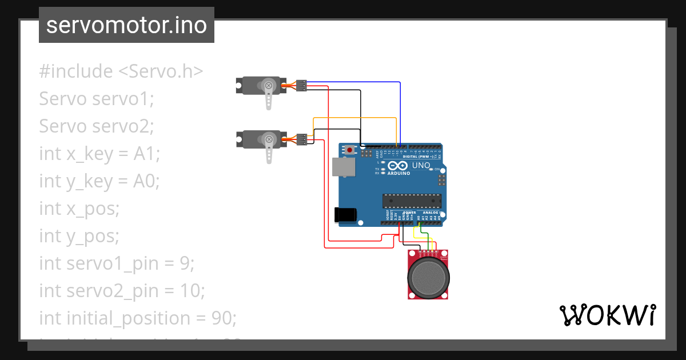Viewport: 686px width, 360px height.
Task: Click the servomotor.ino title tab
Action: (x=126, y=25)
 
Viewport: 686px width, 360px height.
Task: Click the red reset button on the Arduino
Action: (x=350, y=150)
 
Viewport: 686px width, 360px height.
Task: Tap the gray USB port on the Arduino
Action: (x=343, y=167)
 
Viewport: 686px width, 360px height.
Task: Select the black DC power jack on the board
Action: (x=345, y=214)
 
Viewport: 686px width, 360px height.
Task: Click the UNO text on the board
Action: (x=421, y=166)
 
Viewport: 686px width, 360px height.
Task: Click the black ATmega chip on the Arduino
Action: (x=412, y=201)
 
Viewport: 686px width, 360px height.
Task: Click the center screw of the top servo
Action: (x=269, y=86)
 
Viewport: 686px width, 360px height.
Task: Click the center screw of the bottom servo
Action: (x=269, y=139)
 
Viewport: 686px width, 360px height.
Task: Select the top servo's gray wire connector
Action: (x=301, y=85)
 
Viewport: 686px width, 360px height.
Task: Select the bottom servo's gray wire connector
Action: (x=301, y=138)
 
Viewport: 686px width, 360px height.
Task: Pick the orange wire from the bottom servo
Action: (x=354, y=118)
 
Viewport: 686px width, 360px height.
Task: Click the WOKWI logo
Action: (x=607, y=315)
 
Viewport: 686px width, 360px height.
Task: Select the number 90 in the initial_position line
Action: (x=224, y=318)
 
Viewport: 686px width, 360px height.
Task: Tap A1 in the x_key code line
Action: (x=146, y=154)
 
